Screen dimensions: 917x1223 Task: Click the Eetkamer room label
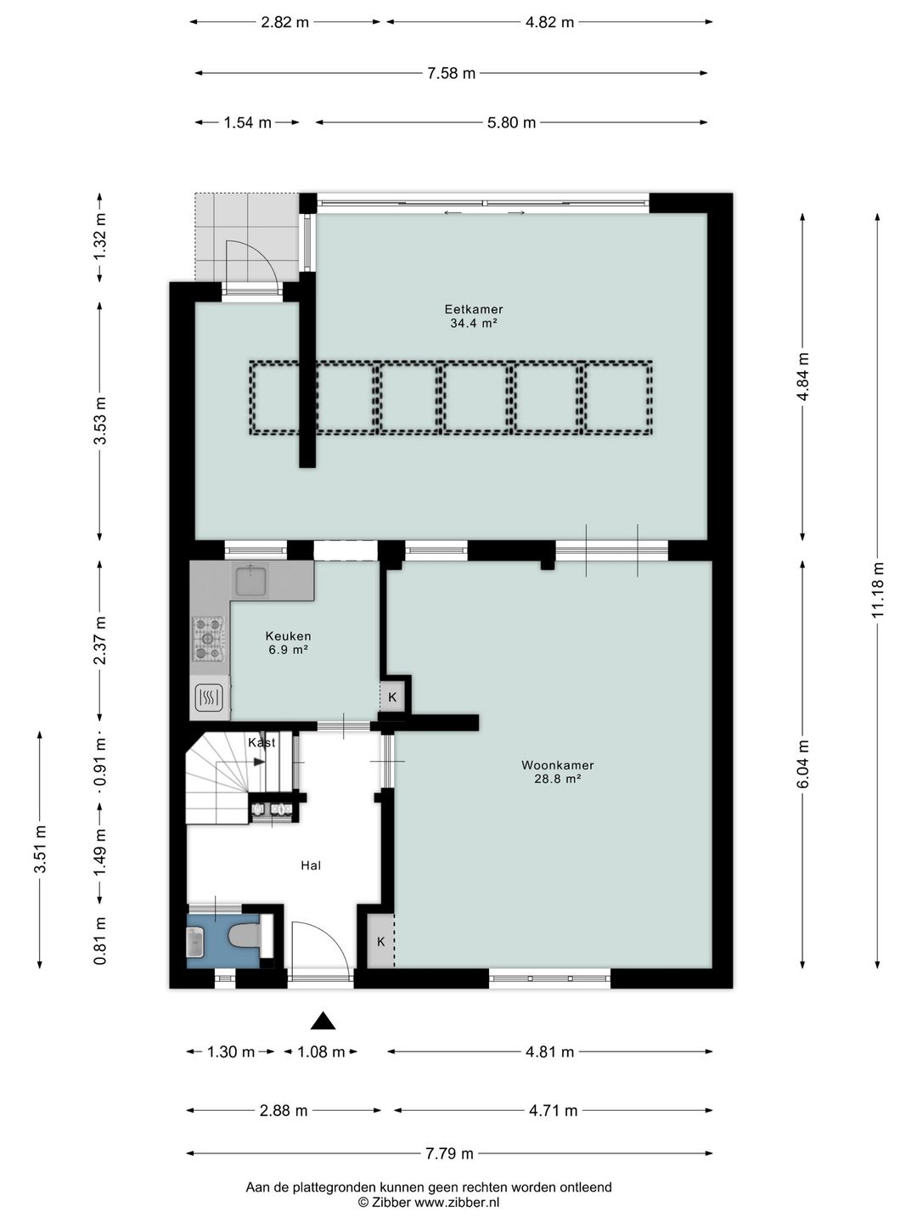point(473,308)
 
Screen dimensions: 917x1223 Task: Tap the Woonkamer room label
point(557,765)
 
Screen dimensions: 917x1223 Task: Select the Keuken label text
point(288,636)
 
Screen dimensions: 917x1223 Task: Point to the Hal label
point(311,865)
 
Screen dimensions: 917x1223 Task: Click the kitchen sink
point(250,579)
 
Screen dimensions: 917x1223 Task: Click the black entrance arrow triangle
point(323,1022)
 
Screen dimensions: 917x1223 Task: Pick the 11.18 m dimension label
point(878,589)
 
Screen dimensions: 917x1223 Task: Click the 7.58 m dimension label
point(452,73)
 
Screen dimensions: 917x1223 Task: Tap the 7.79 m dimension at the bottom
point(449,1153)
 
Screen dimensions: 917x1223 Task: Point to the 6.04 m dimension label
point(802,764)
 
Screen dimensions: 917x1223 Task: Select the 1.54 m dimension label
point(247,122)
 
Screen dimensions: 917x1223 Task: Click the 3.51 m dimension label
point(40,849)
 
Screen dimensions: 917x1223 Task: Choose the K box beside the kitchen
point(392,697)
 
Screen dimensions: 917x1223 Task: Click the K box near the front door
point(381,942)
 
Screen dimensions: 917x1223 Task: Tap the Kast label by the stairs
point(262,742)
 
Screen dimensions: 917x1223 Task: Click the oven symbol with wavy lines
point(210,696)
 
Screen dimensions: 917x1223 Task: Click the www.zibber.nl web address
point(457,1202)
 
